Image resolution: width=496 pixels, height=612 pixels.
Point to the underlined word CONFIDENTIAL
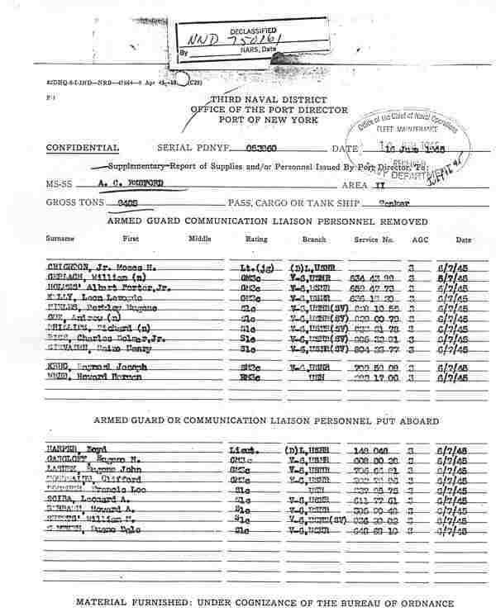point(83,148)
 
